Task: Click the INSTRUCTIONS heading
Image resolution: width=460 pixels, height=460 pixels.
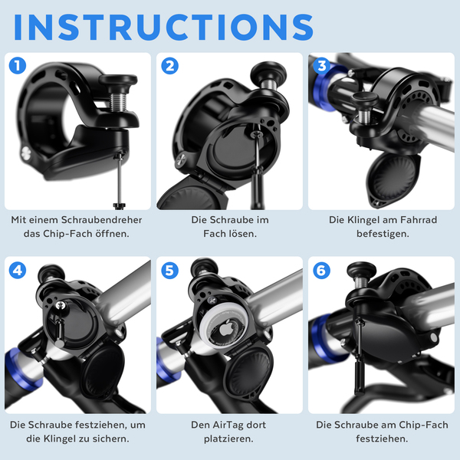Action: click(x=163, y=27)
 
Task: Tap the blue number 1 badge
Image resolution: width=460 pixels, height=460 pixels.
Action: click(x=18, y=65)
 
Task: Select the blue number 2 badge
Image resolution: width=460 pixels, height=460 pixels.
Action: click(x=170, y=65)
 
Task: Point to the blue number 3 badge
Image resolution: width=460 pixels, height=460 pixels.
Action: click(x=322, y=65)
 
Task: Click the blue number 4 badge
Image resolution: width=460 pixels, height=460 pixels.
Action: click(x=18, y=270)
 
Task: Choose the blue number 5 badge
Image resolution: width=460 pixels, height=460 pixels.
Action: click(x=170, y=270)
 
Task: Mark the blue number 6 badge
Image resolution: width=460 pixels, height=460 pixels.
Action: click(x=322, y=270)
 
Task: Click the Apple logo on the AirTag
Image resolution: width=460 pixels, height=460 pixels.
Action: click(x=226, y=327)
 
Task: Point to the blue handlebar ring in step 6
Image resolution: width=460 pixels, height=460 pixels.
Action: click(x=321, y=337)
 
